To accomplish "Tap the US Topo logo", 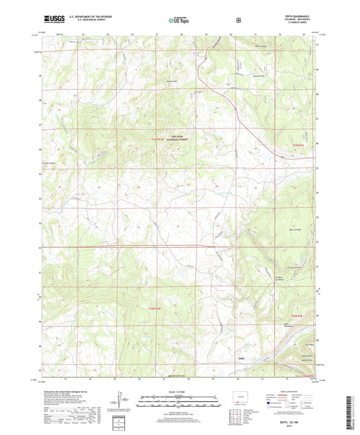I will point(178,20).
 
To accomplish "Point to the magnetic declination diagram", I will point(125,403).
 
